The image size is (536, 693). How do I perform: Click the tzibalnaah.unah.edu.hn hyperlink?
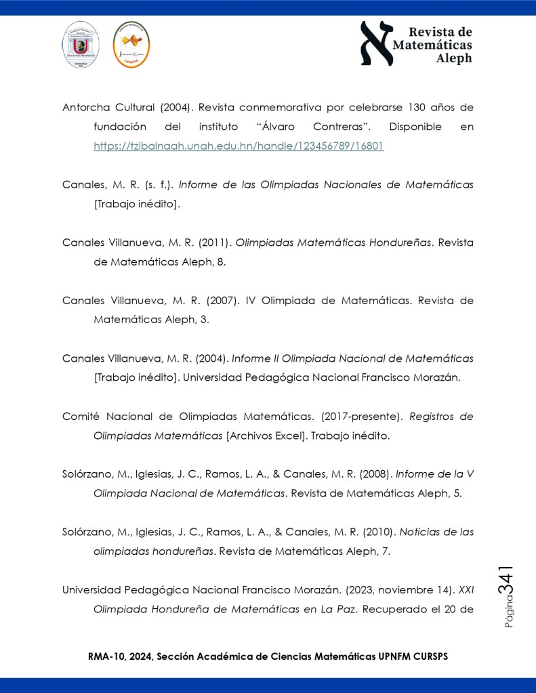[x=239, y=146]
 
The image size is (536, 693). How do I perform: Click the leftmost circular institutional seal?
[x=81, y=44]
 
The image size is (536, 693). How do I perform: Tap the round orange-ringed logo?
[x=131, y=45]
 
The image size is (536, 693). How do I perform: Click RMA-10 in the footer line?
[x=107, y=657]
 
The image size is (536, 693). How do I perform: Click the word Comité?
[x=81, y=416]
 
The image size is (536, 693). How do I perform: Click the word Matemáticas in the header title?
[x=433, y=45]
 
